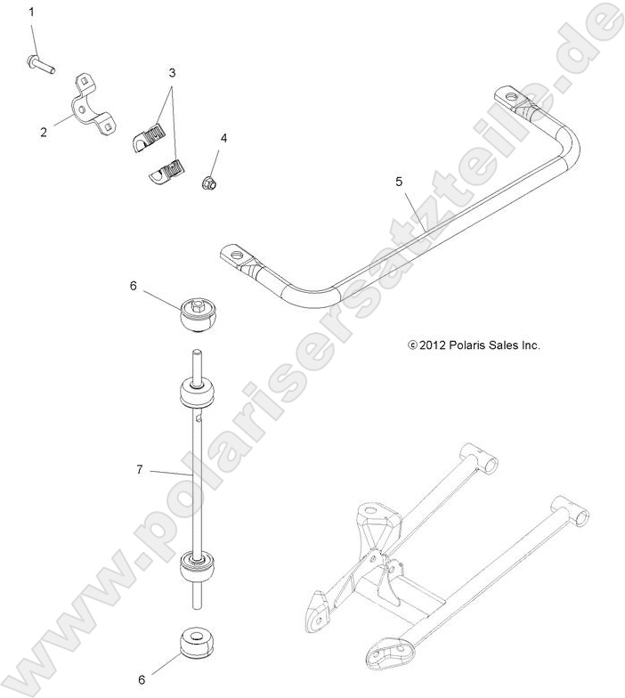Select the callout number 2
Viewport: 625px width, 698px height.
[x=43, y=133]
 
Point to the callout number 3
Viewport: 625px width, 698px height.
[x=172, y=71]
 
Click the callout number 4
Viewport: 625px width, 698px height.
[x=223, y=138]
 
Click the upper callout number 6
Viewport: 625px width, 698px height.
[x=134, y=286]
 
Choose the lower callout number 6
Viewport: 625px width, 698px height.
[x=142, y=678]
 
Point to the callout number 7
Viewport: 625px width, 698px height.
[x=140, y=469]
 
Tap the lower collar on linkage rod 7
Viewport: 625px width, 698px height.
[x=199, y=567]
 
